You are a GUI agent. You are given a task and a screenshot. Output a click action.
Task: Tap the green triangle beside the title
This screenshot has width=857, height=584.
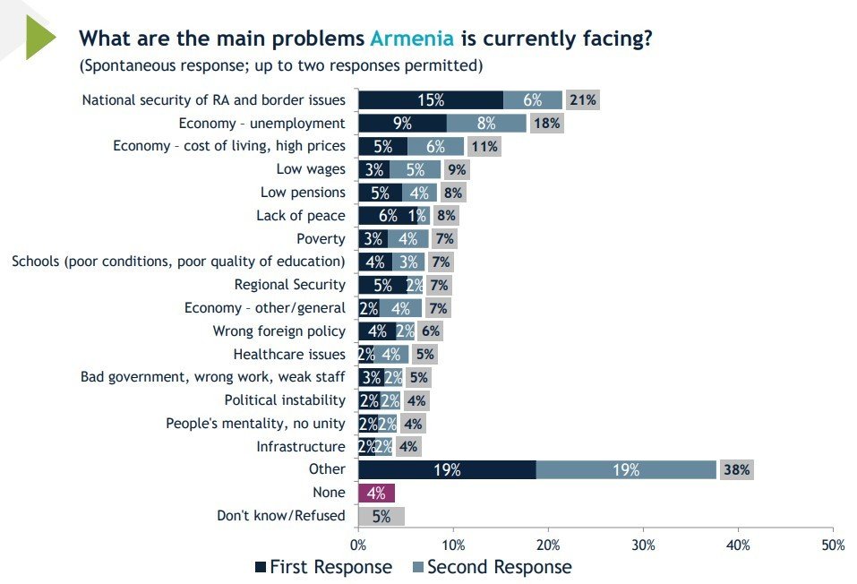pos(39,37)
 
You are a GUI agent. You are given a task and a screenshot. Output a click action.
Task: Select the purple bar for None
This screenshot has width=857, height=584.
pos(376,493)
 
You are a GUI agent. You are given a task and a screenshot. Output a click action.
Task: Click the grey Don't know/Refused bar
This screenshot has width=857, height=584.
pos(381,516)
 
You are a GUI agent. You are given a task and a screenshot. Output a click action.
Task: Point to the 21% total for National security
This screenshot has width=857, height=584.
pos(583,100)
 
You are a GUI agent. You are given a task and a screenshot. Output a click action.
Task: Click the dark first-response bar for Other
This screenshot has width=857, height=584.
pos(446,469)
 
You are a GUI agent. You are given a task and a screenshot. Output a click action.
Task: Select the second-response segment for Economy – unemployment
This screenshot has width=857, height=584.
pos(486,124)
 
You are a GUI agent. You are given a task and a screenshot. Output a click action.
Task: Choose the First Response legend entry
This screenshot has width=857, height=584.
pos(323,567)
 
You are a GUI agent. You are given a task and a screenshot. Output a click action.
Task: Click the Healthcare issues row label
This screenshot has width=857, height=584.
pos(288,354)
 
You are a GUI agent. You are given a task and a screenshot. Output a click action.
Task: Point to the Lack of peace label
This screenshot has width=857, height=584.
pos(300,215)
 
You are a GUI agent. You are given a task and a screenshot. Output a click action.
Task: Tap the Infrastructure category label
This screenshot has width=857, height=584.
pos(300,446)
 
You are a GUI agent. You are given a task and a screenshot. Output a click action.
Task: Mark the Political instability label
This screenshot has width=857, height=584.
pos(284,400)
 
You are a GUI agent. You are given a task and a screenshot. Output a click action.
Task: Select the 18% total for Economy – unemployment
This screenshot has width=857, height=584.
pos(547,124)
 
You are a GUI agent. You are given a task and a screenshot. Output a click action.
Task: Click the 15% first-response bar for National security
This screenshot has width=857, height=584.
pos(430,100)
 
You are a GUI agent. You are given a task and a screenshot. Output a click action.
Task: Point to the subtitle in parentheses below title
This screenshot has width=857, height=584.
pos(281,65)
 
